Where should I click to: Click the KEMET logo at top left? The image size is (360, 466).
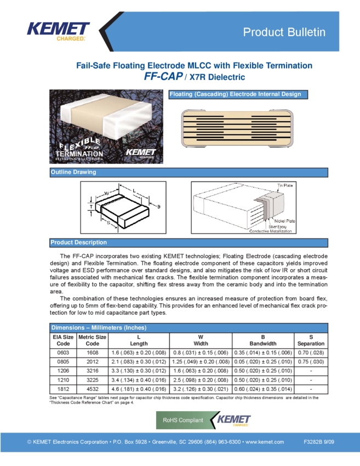tap(58, 31)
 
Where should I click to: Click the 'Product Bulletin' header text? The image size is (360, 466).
tap(284, 32)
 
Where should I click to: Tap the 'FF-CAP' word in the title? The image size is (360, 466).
tap(163, 76)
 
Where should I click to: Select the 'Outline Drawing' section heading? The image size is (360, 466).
tap(73, 172)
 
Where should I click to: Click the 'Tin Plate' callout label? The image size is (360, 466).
tap(285, 185)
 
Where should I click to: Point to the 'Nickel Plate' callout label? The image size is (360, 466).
tap(284, 221)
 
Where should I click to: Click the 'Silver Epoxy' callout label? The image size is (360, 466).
tap(277, 226)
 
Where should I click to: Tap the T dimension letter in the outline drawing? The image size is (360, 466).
tap(91, 207)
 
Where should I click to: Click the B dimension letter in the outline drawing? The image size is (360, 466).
tap(158, 207)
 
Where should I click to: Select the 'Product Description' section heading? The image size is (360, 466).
tap(79, 242)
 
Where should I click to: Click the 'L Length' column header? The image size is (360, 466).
tap(139, 340)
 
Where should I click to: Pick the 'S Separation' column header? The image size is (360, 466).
tap(311, 340)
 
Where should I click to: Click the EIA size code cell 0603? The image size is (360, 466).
tap(63, 353)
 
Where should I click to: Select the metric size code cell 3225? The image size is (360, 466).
tap(93, 380)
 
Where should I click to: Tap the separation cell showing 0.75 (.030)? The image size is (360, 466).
tap(311, 362)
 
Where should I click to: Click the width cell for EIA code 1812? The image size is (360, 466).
tap(201, 389)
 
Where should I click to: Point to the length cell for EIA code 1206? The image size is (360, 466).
tap(139, 371)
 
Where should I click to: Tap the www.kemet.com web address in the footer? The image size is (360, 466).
tap(264, 442)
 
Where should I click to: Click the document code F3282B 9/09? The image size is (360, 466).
tap(319, 442)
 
